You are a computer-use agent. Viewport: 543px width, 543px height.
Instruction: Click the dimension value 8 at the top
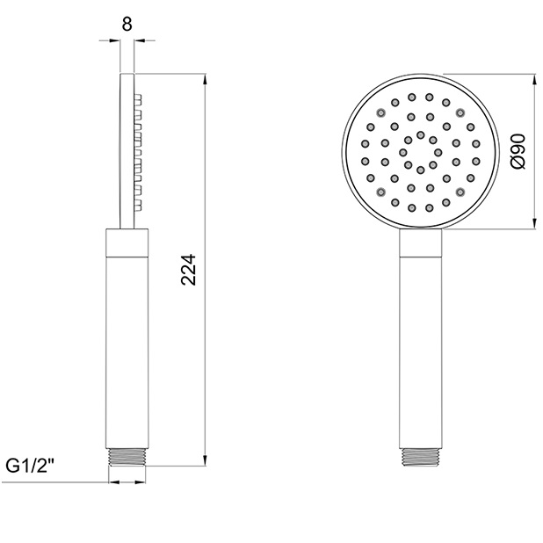click(127, 25)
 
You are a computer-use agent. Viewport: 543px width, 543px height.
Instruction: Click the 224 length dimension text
click(188, 270)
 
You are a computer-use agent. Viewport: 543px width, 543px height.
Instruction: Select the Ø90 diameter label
click(518, 152)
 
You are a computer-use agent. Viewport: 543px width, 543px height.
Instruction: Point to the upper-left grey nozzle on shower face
click(381, 112)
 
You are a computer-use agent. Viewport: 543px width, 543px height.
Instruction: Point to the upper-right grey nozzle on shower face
click(460, 112)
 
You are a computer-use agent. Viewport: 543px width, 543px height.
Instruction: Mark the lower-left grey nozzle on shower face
click(381, 192)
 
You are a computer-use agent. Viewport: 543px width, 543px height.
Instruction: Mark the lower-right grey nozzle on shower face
click(460, 192)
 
